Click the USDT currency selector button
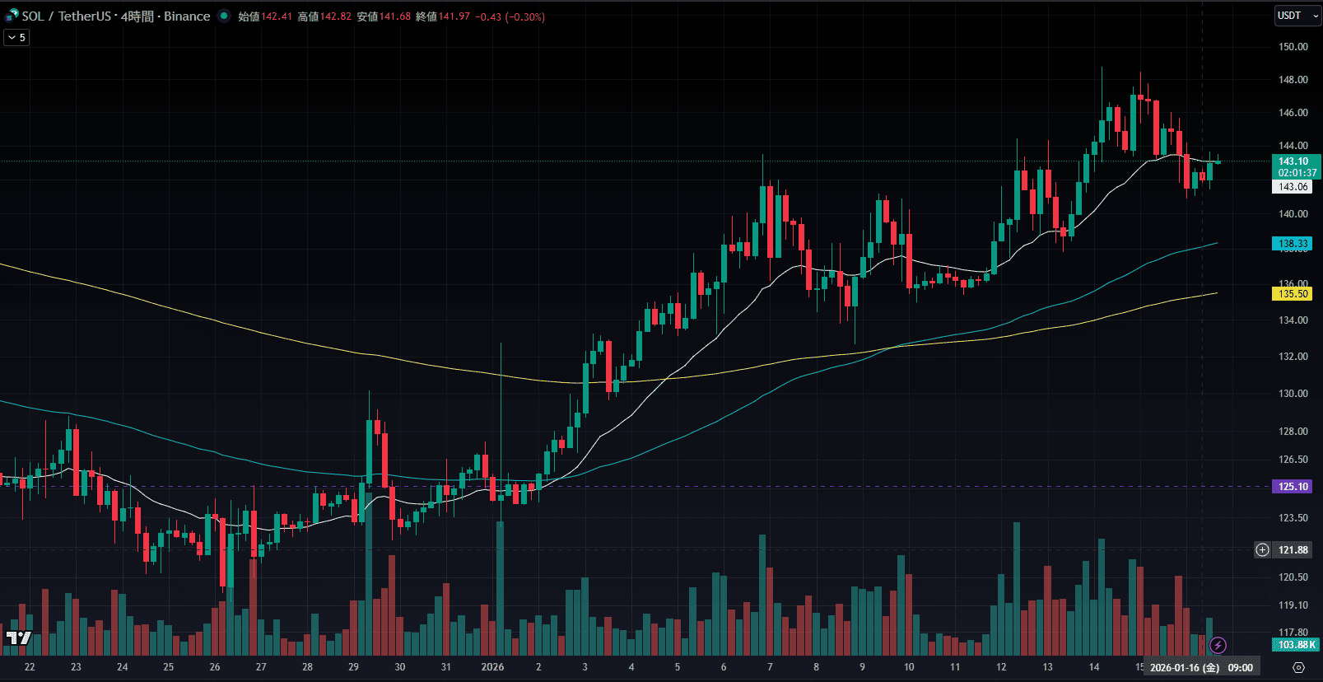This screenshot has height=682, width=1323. pyautogui.click(x=1296, y=16)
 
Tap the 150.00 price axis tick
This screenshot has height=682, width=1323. pyautogui.click(x=1293, y=47)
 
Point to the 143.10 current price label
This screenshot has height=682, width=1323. pyautogui.click(x=1294, y=161)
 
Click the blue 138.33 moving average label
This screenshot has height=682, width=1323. pyautogui.click(x=1293, y=244)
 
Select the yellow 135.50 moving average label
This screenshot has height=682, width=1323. pyautogui.click(x=1293, y=294)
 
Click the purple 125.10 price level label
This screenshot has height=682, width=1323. pyautogui.click(x=1293, y=487)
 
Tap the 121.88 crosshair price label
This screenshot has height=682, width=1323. pyautogui.click(x=1293, y=550)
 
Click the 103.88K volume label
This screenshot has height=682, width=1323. pyautogui.click(x=1296, y=645)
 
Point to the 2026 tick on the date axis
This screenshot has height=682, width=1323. pyautogui.click(x=492, y=667)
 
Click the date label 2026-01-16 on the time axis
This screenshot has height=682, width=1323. pyautogui.click(x=1184, y=668)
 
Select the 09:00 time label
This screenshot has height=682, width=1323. pyautogui.click(x=1240, y=668)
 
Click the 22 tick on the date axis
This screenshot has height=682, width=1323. pyautogui.click(x=30, y=667)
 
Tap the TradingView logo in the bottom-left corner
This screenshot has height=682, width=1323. pyautogui.click(x=18, y=638)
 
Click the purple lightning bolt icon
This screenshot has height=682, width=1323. pyautogui.click(x=1218, y=645)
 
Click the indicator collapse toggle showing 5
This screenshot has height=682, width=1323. pyautogui.click(x=16, y=38)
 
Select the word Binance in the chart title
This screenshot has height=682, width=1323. pyautogui.click(x=187, y=16)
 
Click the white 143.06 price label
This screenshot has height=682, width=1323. pyautogui.click(x=1293, y=187)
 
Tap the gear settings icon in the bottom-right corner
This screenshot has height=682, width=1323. pyautogui.click(x=1298, y=667)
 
